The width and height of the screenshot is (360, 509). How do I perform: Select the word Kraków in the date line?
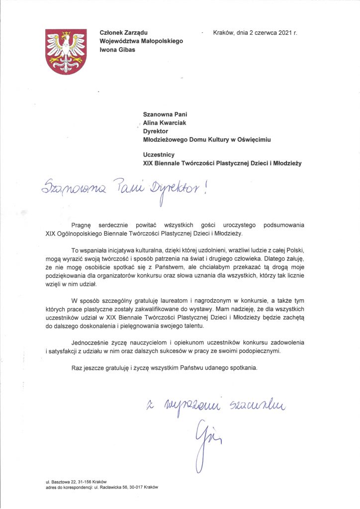point(223,33)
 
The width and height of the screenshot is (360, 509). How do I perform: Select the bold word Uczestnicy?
point(159,155)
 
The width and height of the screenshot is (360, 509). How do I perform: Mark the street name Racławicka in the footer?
point(116,488)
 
